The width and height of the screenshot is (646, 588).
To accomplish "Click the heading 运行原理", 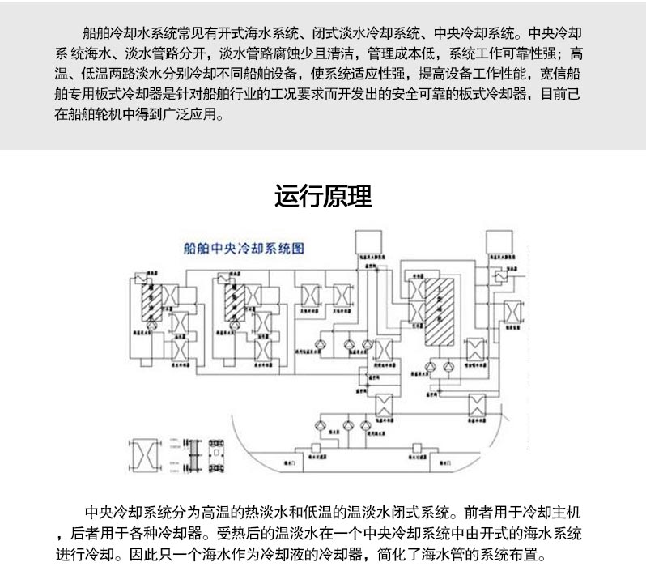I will click(x=323, y=197).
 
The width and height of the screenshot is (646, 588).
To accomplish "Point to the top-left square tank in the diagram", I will click(x=371, y=241).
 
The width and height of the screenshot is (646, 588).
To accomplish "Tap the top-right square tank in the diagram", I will click(x=499, y=241).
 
